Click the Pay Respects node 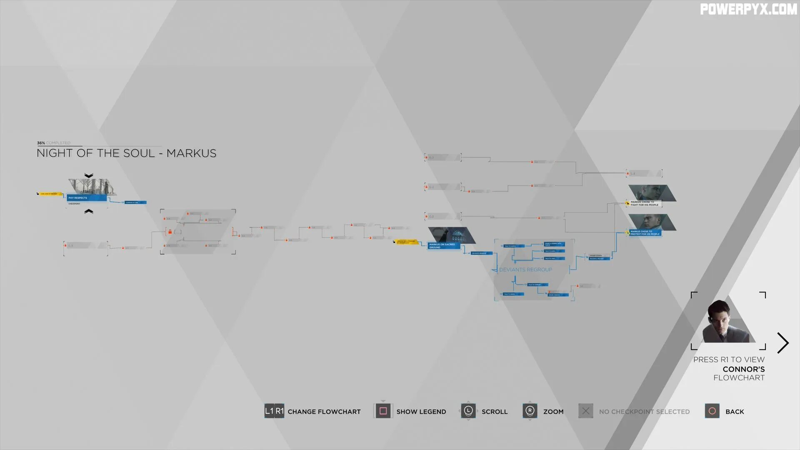pos(86,198)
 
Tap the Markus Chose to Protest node pos(645,232)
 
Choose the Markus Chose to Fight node pos(644,203)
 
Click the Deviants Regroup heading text pos(525,270)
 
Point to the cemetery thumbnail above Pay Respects pos(92,186)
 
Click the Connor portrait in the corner pos(728,321)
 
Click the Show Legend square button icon pos(383,411)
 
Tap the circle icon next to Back pos(712,411)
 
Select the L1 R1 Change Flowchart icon pos(274,411)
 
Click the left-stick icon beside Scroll pos(468,411)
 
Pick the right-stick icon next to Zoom pos(530,411)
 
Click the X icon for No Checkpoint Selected pos(585,411)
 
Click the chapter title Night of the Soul pos(126,153)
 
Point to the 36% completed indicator pos(53,143)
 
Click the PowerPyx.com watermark pos(748,9)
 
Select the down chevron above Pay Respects pos(89,175)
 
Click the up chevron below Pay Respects pos(89,212)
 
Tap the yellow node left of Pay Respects pos(50,194)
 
